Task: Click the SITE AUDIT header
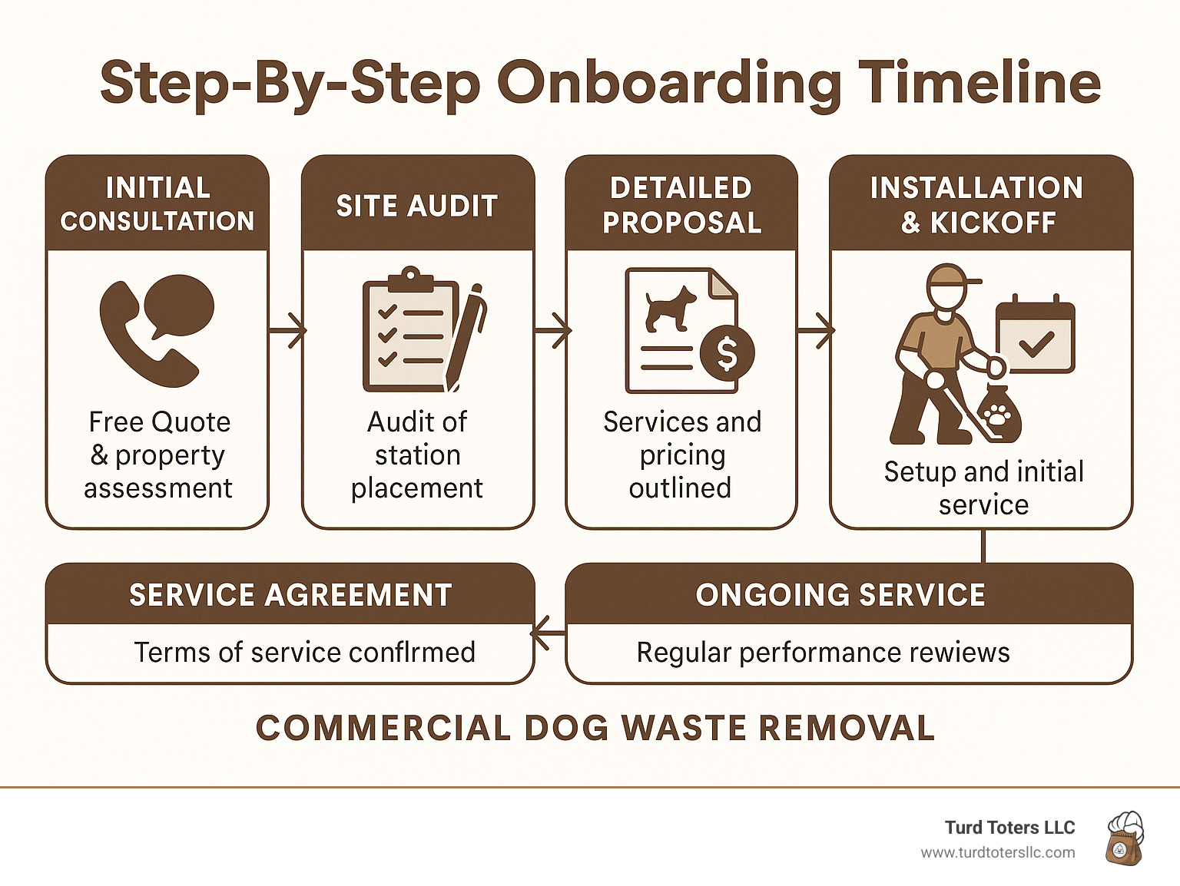tap(417, 206)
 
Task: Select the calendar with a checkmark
tap(1035, 335)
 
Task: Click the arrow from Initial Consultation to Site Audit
tap(287, 331)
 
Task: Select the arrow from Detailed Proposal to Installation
tap(816, 331)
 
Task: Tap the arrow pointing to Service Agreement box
tap(547, 633)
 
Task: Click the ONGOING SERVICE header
tap(840, 595)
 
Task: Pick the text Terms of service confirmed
tap(304, 653)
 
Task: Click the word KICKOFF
tap(993, 223)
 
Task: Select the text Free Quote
tap(159, 422)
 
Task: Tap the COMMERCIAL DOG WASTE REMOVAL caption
tap(595, 728)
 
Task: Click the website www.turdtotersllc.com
tap(997, 852)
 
